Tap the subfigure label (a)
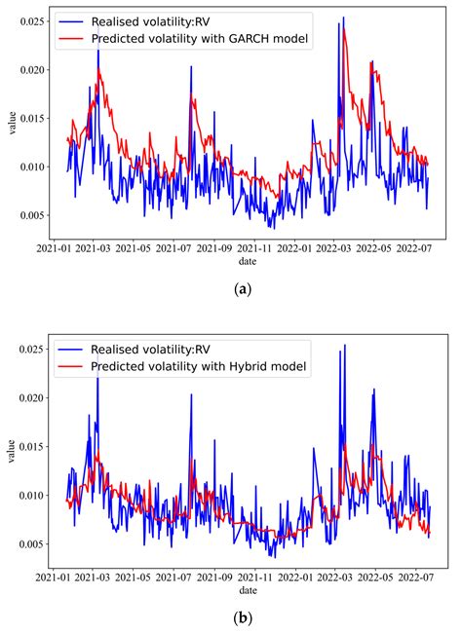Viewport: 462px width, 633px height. click(241, 289)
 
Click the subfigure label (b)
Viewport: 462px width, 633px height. click(241, 617)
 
